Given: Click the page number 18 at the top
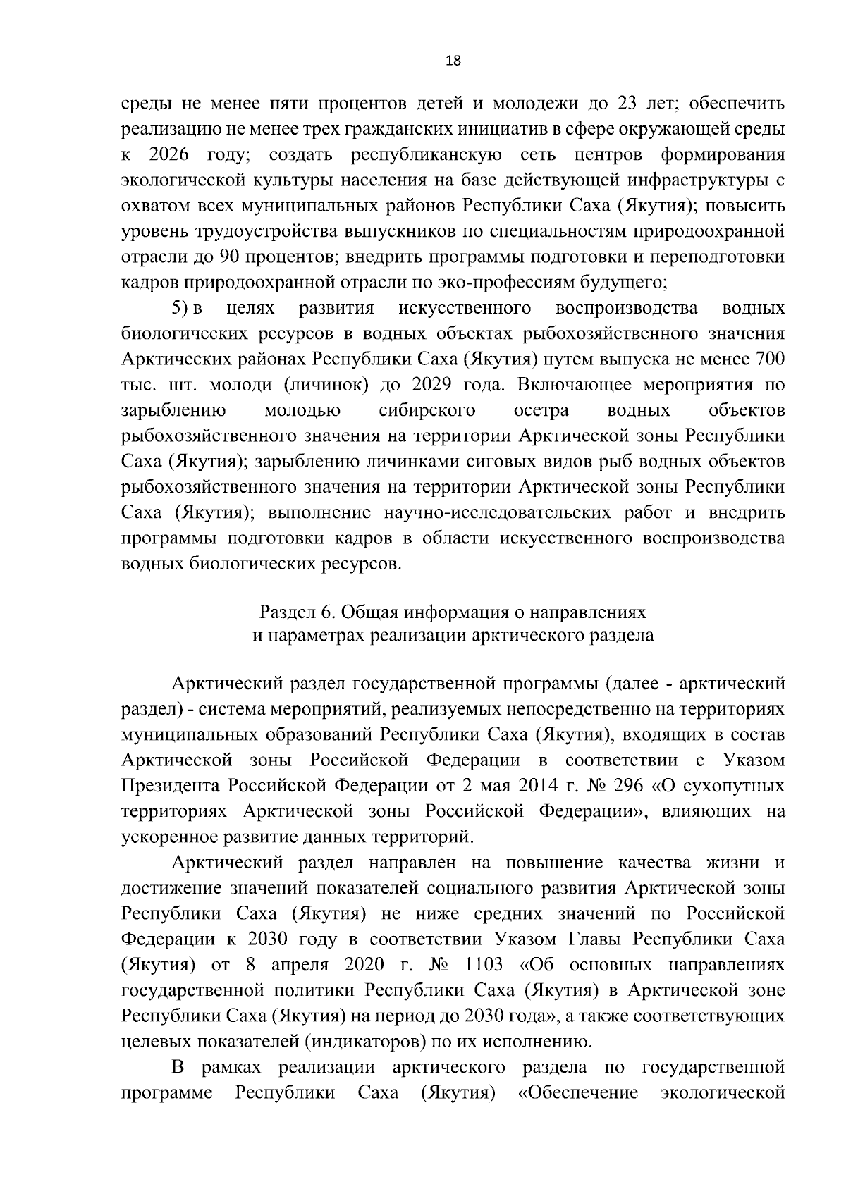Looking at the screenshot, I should coord(453,61).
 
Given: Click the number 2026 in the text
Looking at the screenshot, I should coord(170,155).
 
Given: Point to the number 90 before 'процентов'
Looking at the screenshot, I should coord(233,257).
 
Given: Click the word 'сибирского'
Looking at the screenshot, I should coord(427,410).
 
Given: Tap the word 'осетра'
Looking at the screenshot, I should coord(542,410).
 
